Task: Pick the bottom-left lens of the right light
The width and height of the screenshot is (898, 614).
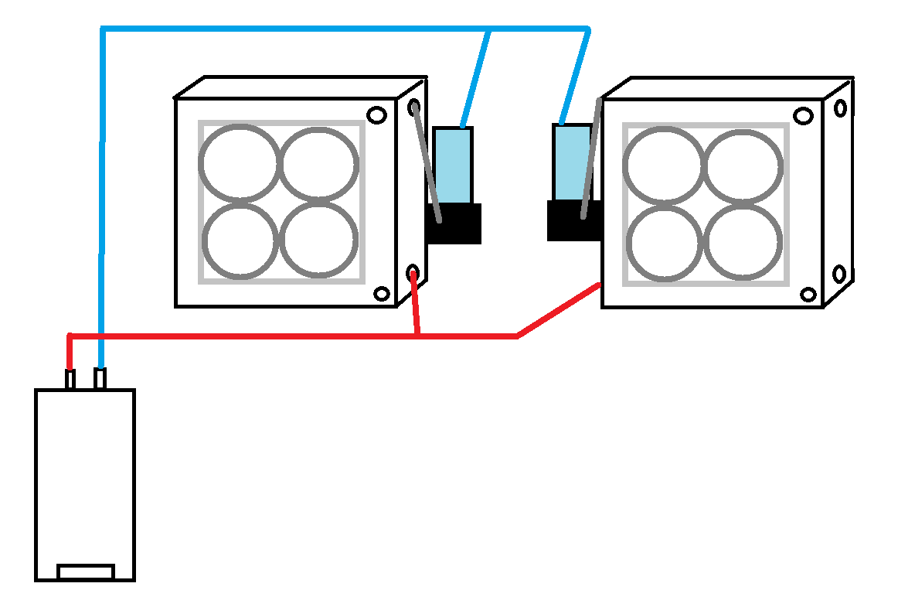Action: pos(664,241)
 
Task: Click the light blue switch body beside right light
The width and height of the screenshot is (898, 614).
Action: pos(572,162)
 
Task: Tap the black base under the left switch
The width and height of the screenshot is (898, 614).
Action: pos(454,224)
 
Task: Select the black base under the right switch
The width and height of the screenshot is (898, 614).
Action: pos(573,221)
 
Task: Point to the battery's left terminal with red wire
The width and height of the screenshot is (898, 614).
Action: pos(70,380)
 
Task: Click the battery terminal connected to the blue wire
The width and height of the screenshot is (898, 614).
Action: pos(100,379)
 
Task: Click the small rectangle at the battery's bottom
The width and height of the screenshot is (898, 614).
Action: pos(86,571)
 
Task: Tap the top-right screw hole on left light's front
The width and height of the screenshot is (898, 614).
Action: pos(376,115)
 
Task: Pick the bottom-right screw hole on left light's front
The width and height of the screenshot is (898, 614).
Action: pos(381,294)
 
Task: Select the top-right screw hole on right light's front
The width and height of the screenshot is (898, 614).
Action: pos(804,116)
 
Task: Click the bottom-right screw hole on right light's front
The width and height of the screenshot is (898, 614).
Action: pos(808,295)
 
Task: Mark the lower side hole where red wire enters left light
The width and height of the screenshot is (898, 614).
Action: pos(413,272)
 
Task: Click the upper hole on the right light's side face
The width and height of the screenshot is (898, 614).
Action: pos(840,107)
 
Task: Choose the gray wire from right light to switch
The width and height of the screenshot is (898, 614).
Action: pos(592,159)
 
